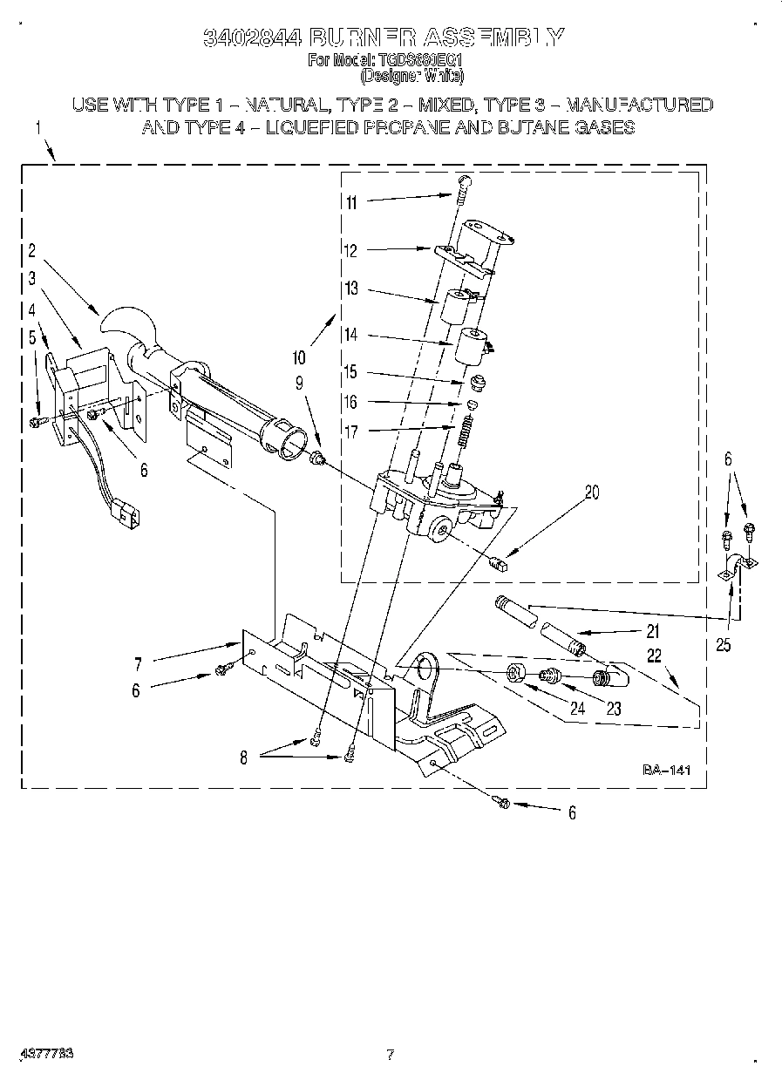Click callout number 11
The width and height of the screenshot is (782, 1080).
click(x=351, y=202)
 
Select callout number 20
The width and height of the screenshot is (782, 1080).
click(x=592, y=492)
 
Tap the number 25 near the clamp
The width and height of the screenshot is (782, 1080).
click(x=722, y=646)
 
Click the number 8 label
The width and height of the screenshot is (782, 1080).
click(x=243, y=758)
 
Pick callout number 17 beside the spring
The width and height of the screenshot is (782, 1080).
click(x=351, y=431)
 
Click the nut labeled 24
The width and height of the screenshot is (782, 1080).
click(x=516, y=673)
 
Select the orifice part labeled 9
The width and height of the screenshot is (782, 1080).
click(x=318, y=456)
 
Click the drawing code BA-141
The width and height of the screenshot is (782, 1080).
click(x=666, y=770)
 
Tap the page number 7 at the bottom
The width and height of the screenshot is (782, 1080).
click(x=390, y=1054)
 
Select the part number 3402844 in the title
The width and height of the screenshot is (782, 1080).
click(x=253, y=37)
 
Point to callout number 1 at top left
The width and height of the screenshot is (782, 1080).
click(x=37, y=127)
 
